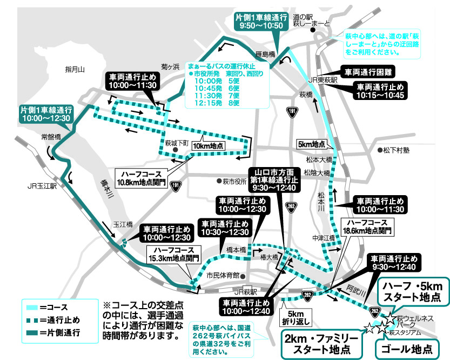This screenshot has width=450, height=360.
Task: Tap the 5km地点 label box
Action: [312, 145]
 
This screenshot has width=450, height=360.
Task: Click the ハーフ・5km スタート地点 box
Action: [413, 291]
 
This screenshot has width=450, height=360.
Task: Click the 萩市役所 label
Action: [234, 181]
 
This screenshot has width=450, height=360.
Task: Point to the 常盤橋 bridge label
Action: [51, 137]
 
